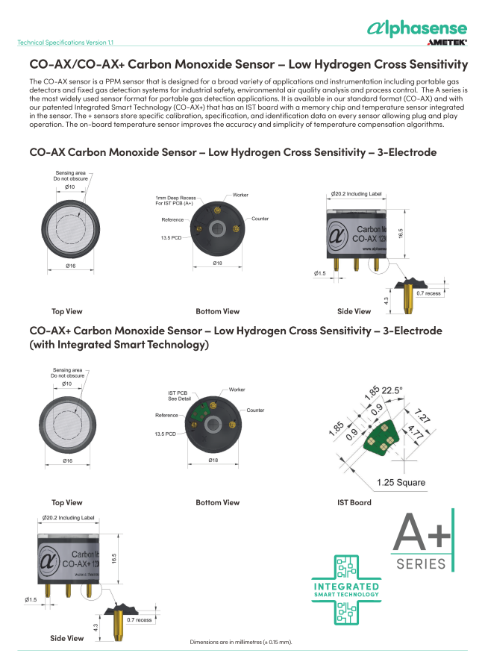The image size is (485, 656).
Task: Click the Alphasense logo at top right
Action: (417, 28)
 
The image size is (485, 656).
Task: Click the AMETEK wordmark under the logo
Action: (447, 43)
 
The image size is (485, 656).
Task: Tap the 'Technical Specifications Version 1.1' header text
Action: (65, 43)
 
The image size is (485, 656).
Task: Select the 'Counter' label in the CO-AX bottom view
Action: (260, 219)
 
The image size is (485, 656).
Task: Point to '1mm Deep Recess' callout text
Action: (175, 198)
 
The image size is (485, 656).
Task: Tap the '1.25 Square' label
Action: (401, 482)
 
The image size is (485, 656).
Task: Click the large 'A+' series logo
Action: (422, 540)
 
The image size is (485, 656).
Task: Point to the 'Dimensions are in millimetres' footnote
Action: (241, 642)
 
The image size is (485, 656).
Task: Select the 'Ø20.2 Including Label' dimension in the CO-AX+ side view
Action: (68, 517)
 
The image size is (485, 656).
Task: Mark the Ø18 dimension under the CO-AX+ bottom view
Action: (213, 460)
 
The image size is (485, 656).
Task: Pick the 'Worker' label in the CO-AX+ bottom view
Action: (237, 390)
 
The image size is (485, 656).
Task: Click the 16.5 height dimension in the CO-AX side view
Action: (401, 234)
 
